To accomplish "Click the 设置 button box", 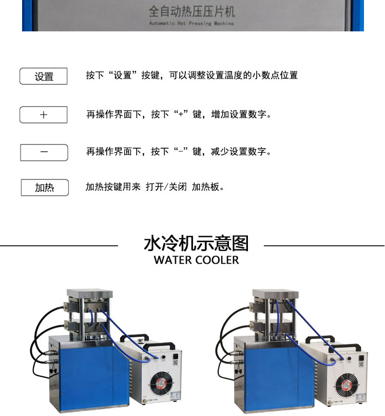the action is coord(44,76).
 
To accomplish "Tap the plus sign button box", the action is coord(44,115).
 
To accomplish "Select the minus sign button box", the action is coord(44,152).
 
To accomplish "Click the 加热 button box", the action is coord(45,188).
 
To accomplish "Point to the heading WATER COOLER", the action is coord(196,260).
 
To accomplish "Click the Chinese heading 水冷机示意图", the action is coord(196,243).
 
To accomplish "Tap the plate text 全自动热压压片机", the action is coord(191,12).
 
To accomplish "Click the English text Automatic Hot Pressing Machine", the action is coord(191,23).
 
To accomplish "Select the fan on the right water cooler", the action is coord(347,385).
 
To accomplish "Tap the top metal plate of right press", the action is coord(275,294).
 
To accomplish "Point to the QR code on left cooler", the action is coord(176,363).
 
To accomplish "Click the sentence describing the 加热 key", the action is coord(155,187).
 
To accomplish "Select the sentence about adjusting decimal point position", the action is coord(191,76).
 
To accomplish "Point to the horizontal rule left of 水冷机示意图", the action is coord(59,246).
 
